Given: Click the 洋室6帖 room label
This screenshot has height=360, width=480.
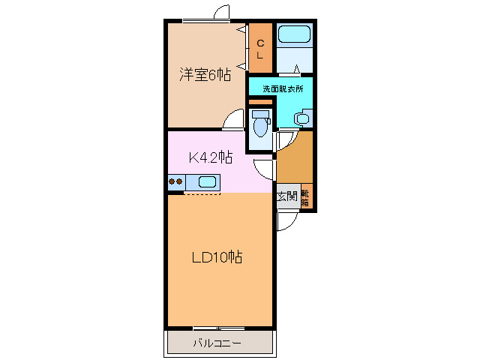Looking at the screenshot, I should (204, 75).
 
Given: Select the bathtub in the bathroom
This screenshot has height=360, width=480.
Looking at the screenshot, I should (293, 34).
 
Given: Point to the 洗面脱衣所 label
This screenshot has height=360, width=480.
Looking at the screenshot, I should (283, 88).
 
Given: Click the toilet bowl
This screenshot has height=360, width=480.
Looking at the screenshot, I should (260, 127).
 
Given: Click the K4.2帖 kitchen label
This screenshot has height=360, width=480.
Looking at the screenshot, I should (210, 157).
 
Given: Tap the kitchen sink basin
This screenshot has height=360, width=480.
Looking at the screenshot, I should (207, 181).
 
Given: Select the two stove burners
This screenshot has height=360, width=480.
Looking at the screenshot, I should (176, 181).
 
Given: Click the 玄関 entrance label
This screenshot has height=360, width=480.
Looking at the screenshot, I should (287, 197).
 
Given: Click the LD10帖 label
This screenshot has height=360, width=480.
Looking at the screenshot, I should (216, 257).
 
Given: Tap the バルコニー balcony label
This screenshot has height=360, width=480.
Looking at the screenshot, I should (217, 343).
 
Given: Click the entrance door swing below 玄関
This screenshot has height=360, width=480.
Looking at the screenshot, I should (286, 221).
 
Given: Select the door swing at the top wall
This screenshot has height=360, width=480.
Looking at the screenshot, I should (220, 13).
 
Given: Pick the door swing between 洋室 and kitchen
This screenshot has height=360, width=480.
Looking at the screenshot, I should (233, 120).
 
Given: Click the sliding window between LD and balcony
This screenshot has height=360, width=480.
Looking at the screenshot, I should (218, 328).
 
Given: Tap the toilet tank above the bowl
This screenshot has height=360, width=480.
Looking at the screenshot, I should (260, 114).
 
